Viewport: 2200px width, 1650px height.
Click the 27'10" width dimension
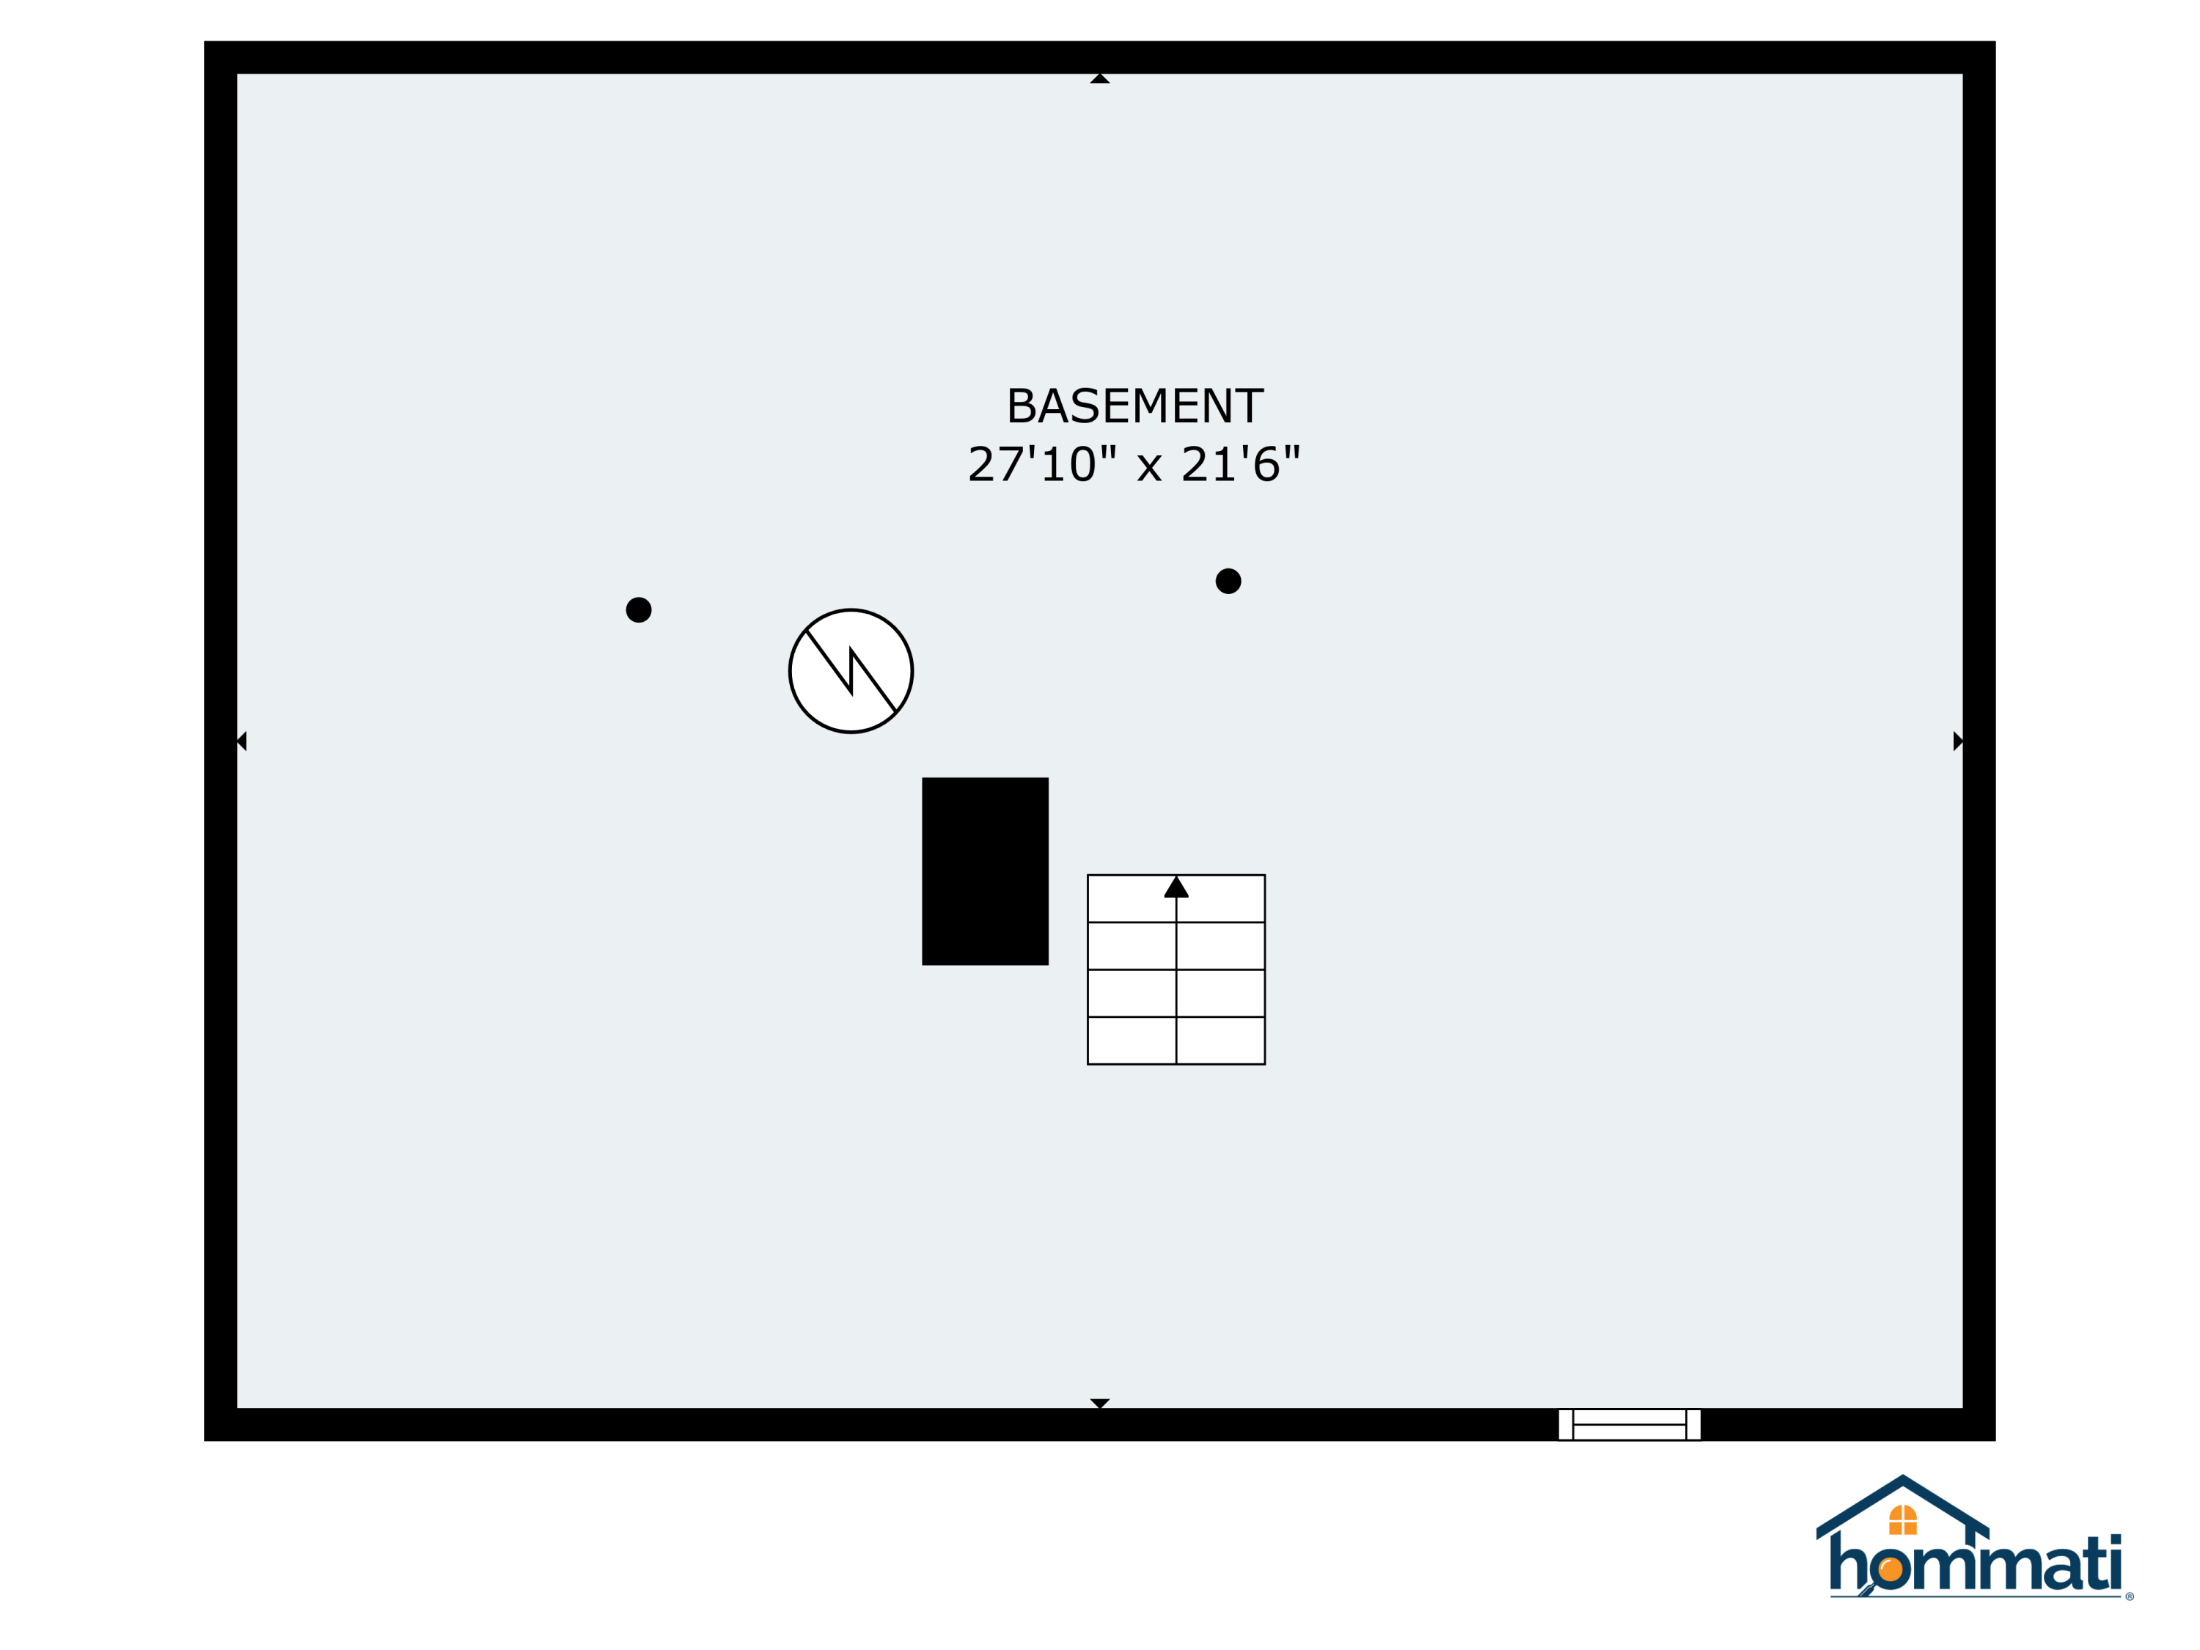pyautogui.click(x=1042, y=464)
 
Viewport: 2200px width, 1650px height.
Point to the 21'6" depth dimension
pyautogui.click(x=1242, y=464)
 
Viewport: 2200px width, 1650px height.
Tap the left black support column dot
pyautogui.click(x=639, y=609)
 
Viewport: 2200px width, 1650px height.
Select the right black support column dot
pyautogui.click(x=1228, y=581)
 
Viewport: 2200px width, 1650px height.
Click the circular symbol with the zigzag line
pyautogui.click(x=851, y=671)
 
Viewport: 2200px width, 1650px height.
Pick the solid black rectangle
pyautogui.click(x=985, y=871)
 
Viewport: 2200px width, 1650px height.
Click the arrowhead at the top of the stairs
pyautogui.click(x=1176, y=886)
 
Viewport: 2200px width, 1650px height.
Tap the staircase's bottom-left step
pyautogui.click(x=1132, y=1041)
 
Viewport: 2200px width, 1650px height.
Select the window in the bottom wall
pyautogui.click(x=1629, y=1424)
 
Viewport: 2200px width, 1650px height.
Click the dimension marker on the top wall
pyautogui.click(x=1100, y=78)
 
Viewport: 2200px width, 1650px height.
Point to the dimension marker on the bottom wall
pyautogui.click(x=1100, y=1404)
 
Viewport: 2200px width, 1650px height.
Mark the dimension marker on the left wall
pyautogui.click(x=242, y=741)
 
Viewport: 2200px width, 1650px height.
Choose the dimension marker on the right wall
pyautogui.click(x=1957, y=741)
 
